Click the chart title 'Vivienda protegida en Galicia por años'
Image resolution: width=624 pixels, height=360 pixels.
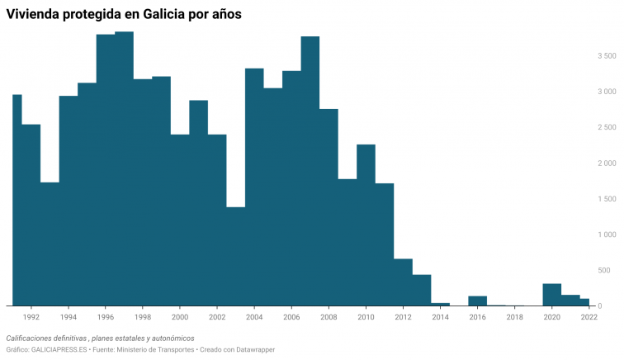tap(124, 14)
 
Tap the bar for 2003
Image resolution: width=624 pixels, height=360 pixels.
tap(236, 256)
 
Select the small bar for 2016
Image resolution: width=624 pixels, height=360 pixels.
tap(477, 301)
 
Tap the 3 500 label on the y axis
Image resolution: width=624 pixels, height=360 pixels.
tap(606, 56)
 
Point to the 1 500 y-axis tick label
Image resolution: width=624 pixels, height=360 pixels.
tap(606, 199)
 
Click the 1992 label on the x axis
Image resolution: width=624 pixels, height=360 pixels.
tap(31, 316)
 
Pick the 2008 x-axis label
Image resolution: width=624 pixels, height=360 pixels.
tap(329, 316)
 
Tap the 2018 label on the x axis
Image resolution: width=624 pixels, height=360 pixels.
tap(514, 316)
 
